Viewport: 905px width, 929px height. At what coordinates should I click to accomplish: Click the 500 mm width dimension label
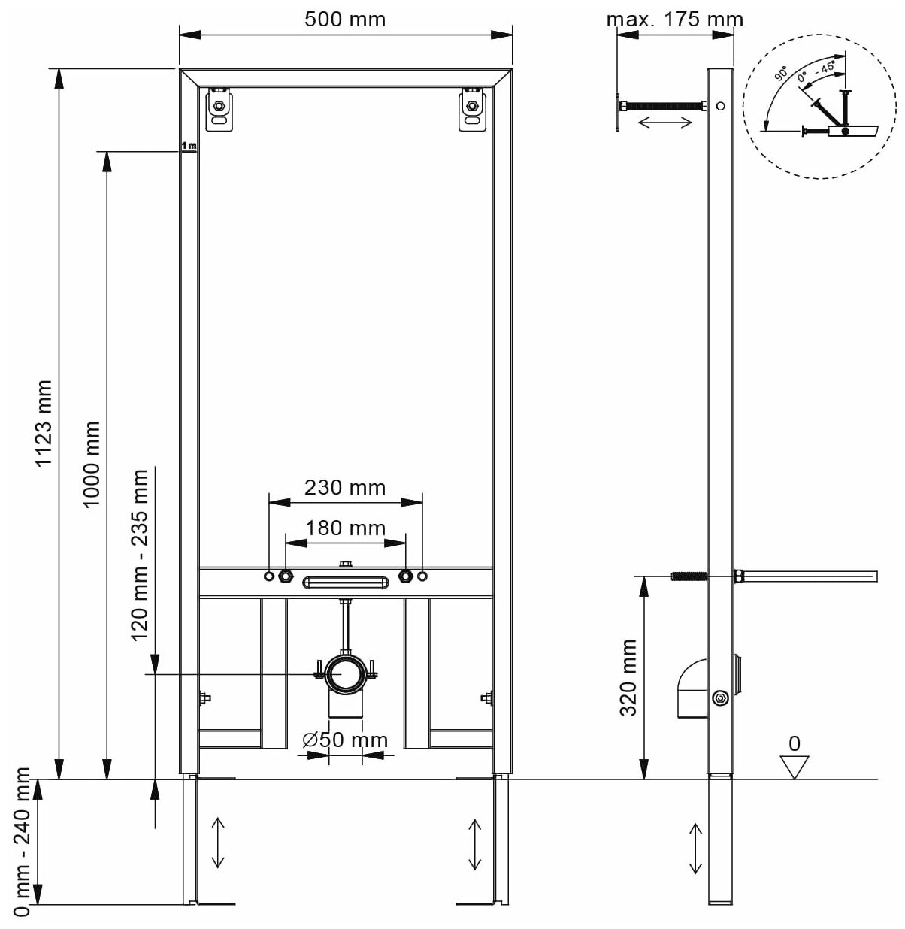coord(345,18)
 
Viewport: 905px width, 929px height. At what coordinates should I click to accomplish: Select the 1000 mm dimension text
coord(91,464)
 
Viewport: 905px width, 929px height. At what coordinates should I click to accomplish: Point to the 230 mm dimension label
coord(345,488)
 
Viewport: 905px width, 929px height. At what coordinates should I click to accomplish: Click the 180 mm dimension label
coord(345,528)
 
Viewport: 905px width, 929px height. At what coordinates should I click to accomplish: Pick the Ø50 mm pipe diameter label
coord(345,740)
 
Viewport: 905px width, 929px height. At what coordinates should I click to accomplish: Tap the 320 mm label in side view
coord(628,677)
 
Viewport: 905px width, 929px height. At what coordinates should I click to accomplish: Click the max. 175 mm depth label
coord(674,19)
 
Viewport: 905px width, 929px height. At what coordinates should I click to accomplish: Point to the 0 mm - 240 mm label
coord(22,842)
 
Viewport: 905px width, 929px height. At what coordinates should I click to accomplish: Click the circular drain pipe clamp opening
coord(345,671)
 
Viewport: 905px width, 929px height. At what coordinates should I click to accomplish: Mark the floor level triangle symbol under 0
coord(794,767)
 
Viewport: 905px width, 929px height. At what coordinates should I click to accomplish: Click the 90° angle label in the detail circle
coord(782,74)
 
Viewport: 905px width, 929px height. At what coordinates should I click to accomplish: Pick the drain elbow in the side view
coord(691,690)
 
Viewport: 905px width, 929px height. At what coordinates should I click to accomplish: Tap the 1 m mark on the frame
coord(189,145)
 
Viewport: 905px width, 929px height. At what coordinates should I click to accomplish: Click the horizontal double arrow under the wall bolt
coord(664,123)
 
